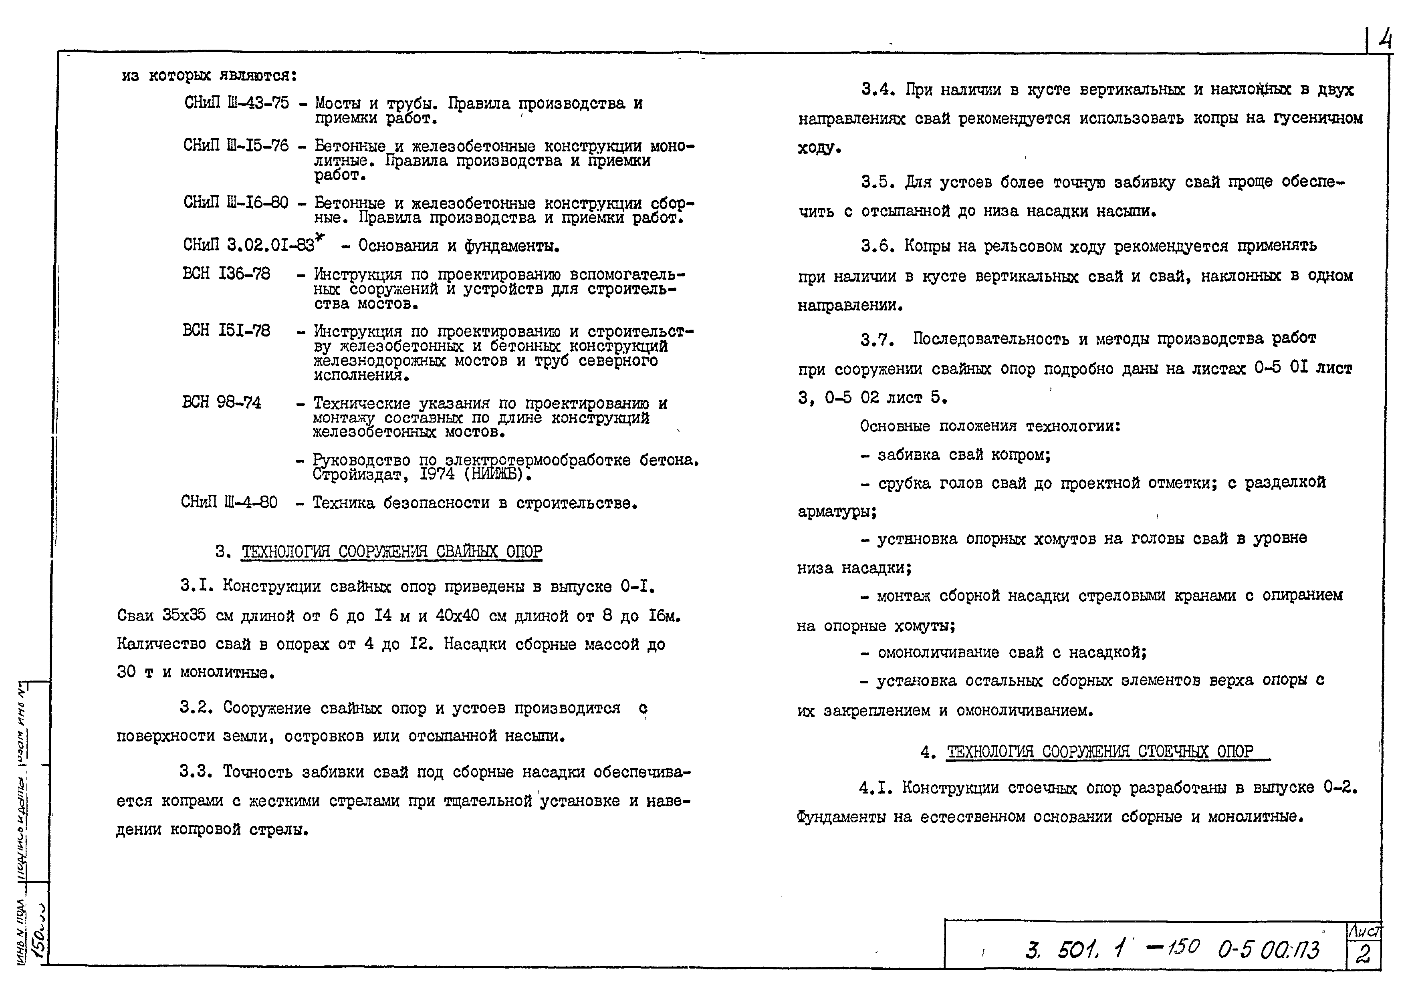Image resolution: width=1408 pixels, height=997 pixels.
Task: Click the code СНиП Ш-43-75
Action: [236, 103]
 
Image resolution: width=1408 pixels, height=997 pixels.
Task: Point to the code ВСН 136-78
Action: [226, 274]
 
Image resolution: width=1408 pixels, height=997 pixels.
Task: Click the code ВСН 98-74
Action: [222, 403]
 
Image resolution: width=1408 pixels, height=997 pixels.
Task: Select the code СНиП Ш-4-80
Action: [229, 503]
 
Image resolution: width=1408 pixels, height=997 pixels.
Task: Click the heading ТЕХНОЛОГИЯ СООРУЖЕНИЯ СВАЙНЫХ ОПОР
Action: [392, 551]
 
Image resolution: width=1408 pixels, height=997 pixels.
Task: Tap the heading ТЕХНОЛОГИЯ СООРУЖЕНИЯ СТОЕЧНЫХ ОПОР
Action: [1100, 751]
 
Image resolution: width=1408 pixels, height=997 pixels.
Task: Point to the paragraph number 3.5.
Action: [877, 182]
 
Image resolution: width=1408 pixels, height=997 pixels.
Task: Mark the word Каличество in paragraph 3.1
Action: [161, 644]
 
